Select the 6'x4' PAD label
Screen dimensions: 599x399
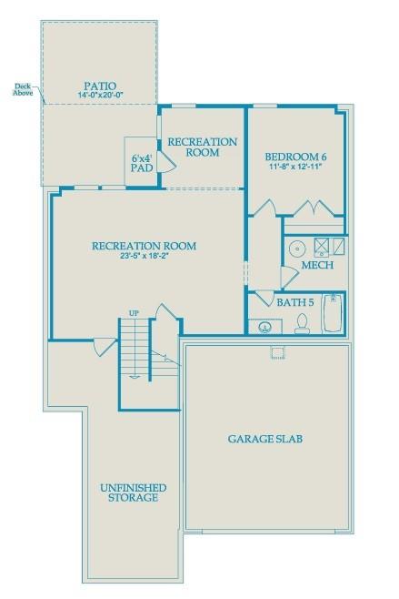pyautogui.click(x=141, y=161)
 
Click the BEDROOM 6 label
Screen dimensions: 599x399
pyautogui.click(x=296, y=157)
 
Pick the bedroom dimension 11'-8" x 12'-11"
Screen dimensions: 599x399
pyautogui.click(x=296, y=168)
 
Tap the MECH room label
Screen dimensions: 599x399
pyautogui.click(x=317, y=265)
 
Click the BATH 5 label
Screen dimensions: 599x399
pyautogui.click(x=294, y=301)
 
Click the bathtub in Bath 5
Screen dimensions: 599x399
pyautogui.click(x=334, y=312)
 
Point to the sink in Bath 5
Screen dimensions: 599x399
pyautogui.click(x=264, y=325)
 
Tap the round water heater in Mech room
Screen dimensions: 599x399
pyautogui.click(x=296, y=248)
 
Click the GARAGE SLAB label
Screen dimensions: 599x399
pyautogui.click(x=264, y=439)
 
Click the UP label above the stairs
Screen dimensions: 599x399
pyautogui.click(x=134, y=314)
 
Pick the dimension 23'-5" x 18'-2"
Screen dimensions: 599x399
pyautogui.click(x=144, y=257)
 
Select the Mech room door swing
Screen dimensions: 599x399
pyautogui.click(x=288, y=276)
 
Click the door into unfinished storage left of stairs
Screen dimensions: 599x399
pyautogui.click(x=105, y=347)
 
